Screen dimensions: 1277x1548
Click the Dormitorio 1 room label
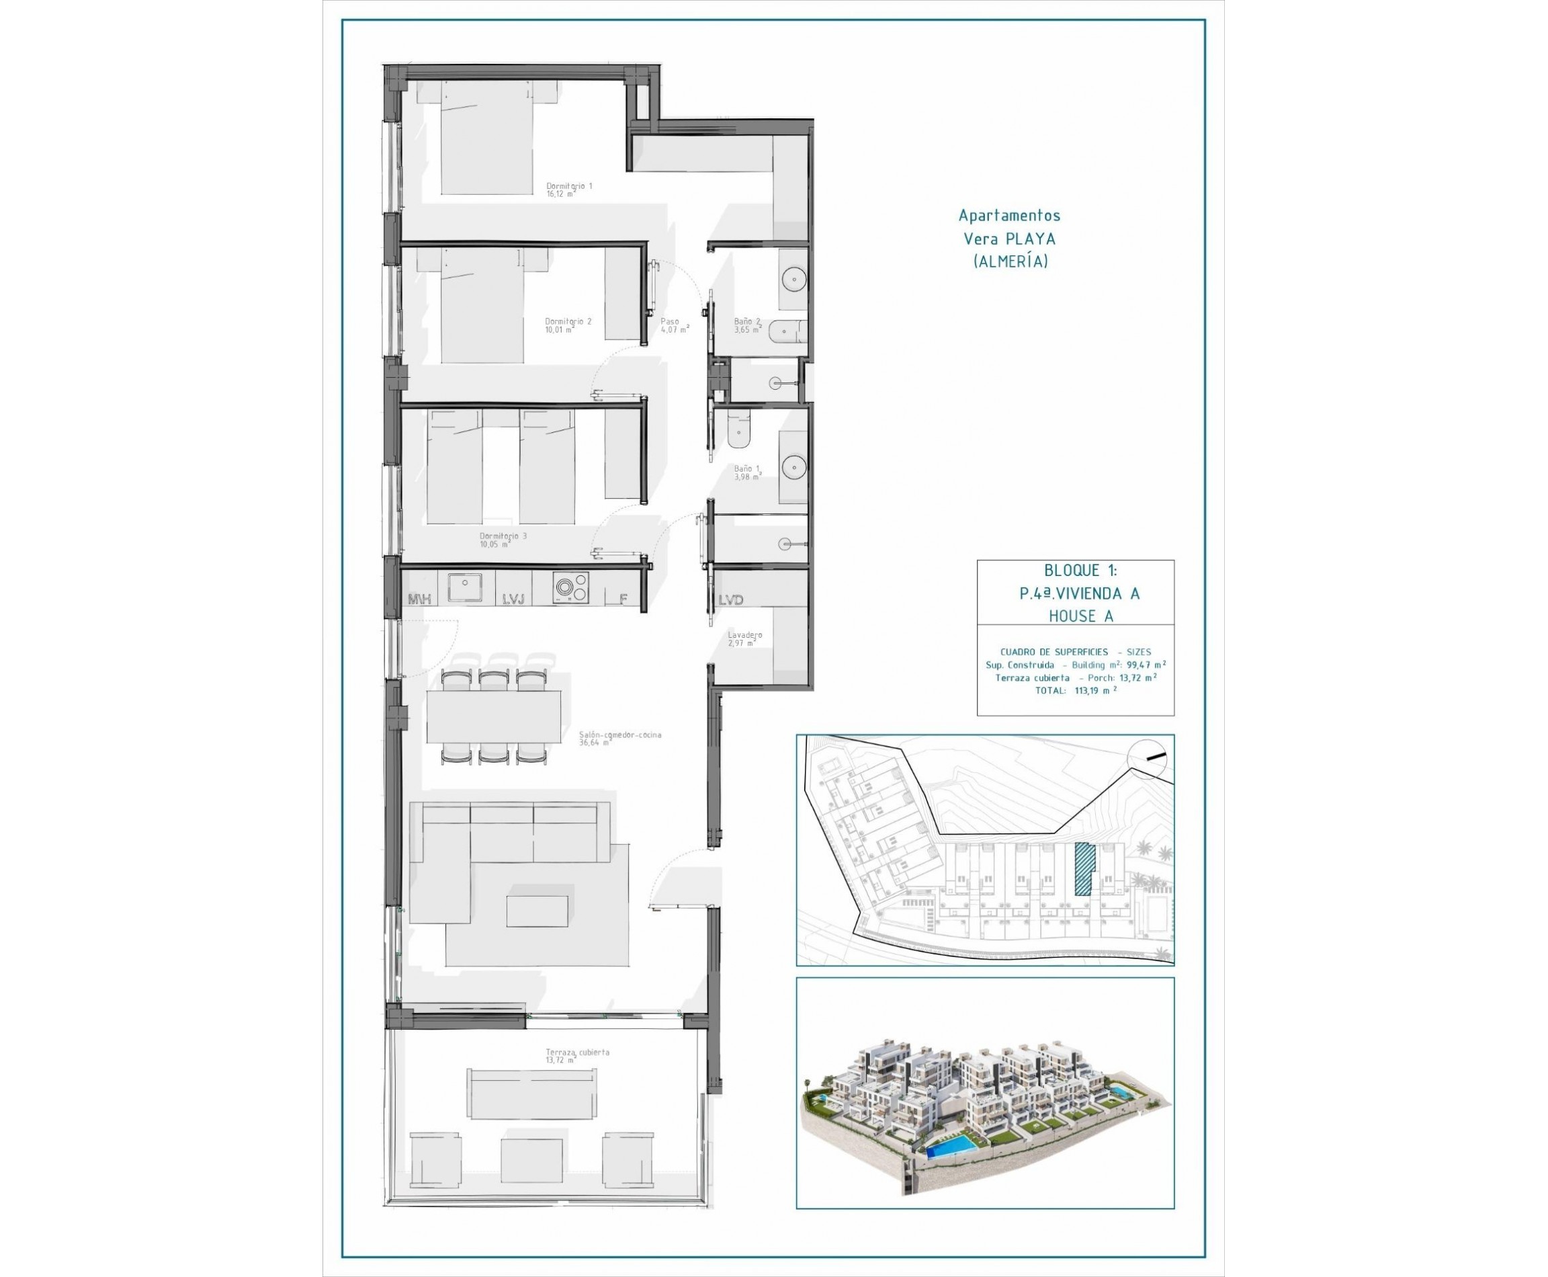pos(568,190)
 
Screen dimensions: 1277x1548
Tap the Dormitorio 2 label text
pos(568,325)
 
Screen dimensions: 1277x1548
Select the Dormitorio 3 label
pos(503,540)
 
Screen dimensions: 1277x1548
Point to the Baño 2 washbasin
pos(793,279)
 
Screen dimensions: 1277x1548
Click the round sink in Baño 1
pos(793,466)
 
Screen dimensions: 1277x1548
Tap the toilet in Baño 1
pos(738,431)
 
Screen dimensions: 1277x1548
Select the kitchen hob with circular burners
pos(570,587)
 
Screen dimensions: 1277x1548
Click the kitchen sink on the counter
pos(465,587)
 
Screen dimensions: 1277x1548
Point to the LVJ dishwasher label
pos(513,600)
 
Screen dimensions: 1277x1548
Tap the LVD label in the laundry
pos(730,600)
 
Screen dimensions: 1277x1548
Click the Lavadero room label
pos(744,638)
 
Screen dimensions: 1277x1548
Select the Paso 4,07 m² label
pos(675,325)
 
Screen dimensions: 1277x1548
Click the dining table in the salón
pos(493,716)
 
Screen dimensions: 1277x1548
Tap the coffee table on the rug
pos(537,911)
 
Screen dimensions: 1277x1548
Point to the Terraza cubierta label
pos(576,1056)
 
